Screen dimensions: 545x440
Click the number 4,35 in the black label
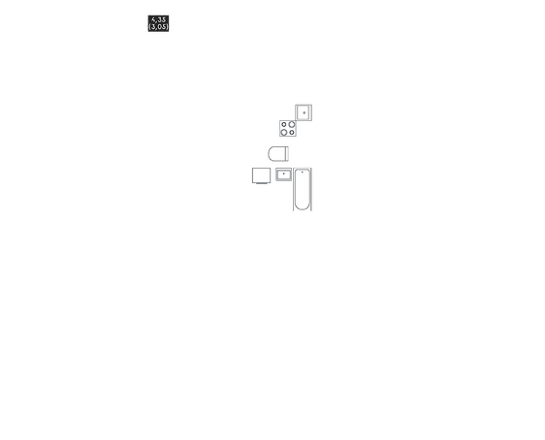tap(158, 19)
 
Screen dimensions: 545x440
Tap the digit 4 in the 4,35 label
tap(153, 19)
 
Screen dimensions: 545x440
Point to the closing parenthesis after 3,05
tap(167, 27)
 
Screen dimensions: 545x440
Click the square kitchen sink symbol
tap(304, 112)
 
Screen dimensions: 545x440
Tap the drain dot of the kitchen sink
tap(305, 112)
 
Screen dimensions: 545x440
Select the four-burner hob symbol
tap(288, 128)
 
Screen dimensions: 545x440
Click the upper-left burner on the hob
tap(284, 124)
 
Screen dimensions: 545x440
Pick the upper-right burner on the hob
tap(292, 124)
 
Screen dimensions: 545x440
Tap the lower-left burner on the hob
tap(284, 133)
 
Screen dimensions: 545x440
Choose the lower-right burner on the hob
tap(292, 133)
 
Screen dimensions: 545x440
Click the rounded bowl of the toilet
tap(276, 154)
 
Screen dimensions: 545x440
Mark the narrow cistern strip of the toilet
tap(287, 154)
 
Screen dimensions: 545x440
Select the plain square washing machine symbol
tap(262, 175)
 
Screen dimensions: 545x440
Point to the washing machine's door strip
tap(262, 183)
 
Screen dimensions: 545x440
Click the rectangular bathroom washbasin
tap(283, 174)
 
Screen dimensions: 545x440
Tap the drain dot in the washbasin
tap(283, 173)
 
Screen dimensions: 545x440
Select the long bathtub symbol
tap(303, 189)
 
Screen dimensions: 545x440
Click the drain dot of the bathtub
tap(303, 172)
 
